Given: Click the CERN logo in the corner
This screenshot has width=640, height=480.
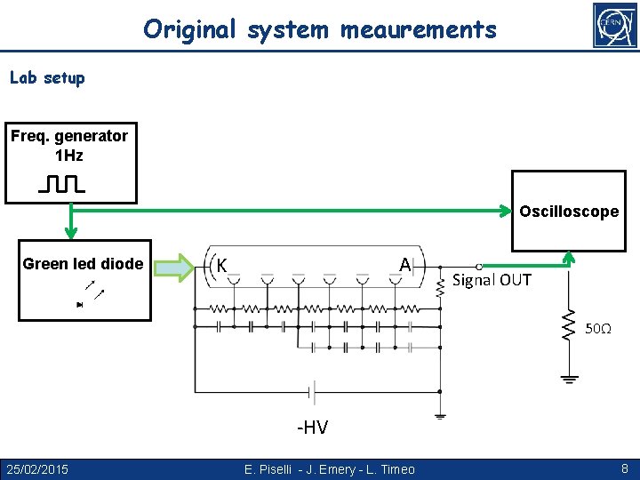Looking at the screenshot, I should [x=615, y=25].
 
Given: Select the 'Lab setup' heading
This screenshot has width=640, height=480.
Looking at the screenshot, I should [x=47, y=78].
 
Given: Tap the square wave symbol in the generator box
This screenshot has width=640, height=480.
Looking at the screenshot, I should [x=61, y=185].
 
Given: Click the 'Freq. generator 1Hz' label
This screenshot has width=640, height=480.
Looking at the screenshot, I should [x=69, y=146].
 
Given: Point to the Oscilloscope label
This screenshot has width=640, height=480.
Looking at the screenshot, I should [x=569, y=212].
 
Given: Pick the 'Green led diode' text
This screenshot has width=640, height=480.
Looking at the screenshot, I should [x=83, y=264].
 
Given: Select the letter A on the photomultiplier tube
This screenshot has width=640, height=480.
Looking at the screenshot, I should [x=404, y=265].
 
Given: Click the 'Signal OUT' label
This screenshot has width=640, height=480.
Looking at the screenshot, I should [x=492, y=281].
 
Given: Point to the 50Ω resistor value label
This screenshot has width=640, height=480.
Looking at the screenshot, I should [x=597, y=329].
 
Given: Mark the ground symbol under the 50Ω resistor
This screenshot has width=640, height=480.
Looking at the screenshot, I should [x=569, y=379].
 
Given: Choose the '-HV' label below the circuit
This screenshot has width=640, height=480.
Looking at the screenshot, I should [x=312, y=428].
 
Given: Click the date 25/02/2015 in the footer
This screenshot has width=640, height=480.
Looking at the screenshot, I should [x=37, y=468].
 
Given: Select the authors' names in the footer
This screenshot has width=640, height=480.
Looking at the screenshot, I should [x=329, y=468].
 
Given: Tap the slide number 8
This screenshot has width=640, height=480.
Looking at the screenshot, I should [x=624, y=467].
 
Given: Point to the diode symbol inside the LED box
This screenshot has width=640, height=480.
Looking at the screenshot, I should [x=80, y=304].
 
